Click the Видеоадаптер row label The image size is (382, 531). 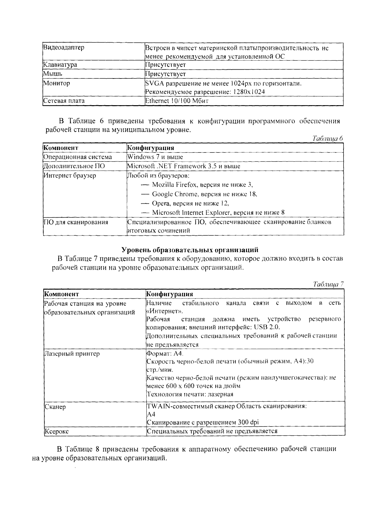(x=64, y=48)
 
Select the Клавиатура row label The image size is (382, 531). (x=60, y=65)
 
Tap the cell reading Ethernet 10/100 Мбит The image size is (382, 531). (x=177, y=101)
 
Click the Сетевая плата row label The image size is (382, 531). (x=64, y=101)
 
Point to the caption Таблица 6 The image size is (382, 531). (x=328, y=139)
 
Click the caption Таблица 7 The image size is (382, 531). (x=328, y=284)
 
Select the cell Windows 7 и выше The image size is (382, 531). (x=155, y=157)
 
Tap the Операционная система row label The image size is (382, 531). (x=78, y=157)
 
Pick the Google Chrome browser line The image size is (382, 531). (x=204, y=194)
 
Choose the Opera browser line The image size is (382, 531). (x=190, y=203)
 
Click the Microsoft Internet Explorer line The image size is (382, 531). (x=218, y=212)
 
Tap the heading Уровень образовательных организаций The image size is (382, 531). (x=190, y=250)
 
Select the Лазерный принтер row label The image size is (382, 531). (x=72, y=354)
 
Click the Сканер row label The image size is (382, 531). (x=55, y=407)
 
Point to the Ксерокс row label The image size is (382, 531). (x=57, y=431)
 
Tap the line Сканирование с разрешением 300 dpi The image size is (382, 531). (x=202, y=422)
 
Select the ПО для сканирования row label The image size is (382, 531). (x=76, y=222)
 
